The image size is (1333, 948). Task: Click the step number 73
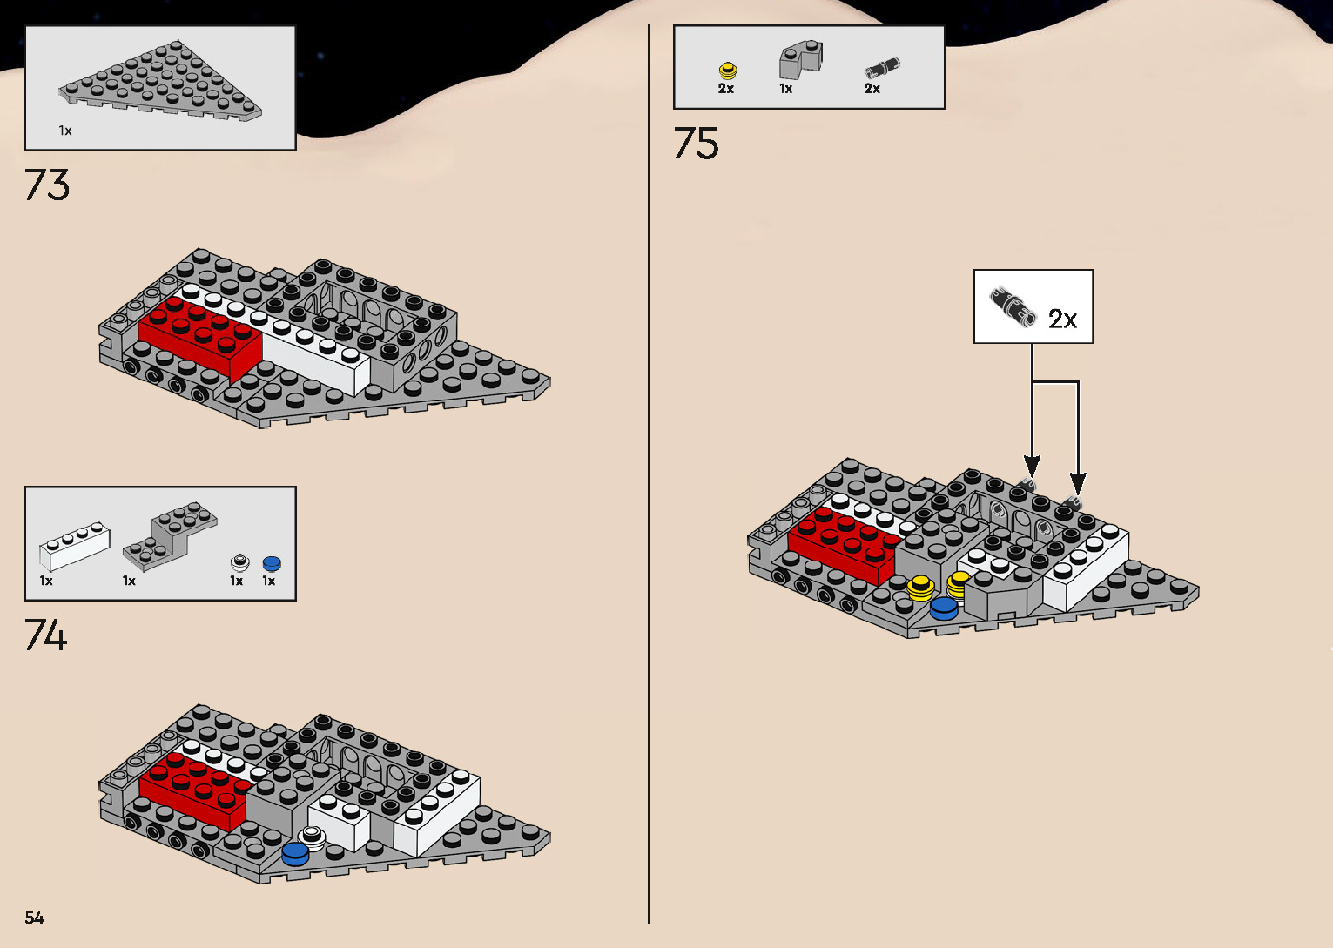[x=47, y=185]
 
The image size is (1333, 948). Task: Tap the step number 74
[x=46, y=635]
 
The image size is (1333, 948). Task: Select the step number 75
[x=696, y=144]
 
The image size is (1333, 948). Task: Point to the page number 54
[x=35, y=918]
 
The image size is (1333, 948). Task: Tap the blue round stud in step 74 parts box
[x=272, y=563]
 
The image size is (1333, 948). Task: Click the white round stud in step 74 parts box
[x=239, y=562]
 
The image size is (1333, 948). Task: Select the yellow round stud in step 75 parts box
[x=728, y=71]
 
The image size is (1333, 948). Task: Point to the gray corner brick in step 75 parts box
[x=801, y=60]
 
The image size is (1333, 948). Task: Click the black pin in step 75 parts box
[x=882, y=68]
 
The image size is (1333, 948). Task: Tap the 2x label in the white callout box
[x=1062, y=319]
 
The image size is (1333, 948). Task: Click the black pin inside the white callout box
[x=1013, y=307]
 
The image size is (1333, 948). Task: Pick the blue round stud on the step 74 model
[x=295, y=854]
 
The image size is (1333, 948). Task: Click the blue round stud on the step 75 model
[x=944, y=608]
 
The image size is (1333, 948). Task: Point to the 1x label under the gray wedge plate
[x=64, y=131]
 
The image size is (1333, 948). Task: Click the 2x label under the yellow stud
[x=726, y=89]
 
